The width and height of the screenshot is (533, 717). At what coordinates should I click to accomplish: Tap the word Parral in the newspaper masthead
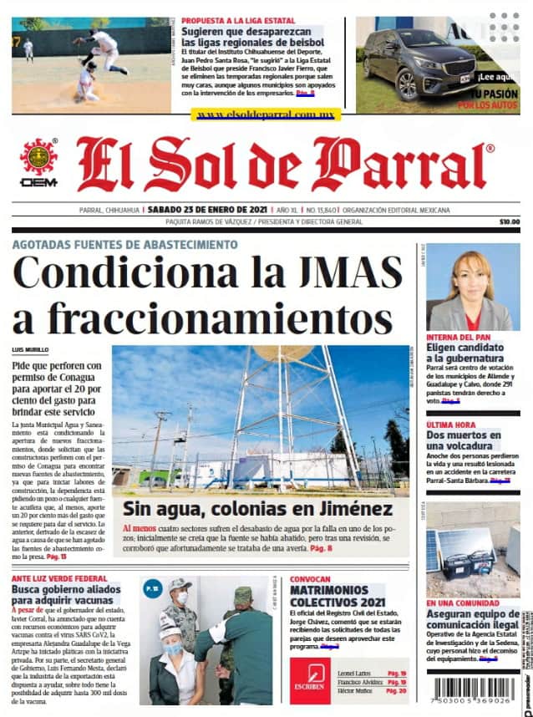click(x=401, y=163)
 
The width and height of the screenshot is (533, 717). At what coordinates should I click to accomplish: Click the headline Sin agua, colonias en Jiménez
click(x=258, y=508)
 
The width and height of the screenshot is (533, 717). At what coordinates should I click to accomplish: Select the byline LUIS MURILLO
click(x=30, y=349)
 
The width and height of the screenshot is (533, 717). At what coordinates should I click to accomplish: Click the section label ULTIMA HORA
click(x=451, y=425)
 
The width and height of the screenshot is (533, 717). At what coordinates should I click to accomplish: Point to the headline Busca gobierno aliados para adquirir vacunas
click(x=66, y=597)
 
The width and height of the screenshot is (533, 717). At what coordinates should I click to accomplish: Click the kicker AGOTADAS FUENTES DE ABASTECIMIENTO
click(x=124, y=244)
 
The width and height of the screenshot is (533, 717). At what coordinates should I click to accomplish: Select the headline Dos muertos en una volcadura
click(x=464, y=442)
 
